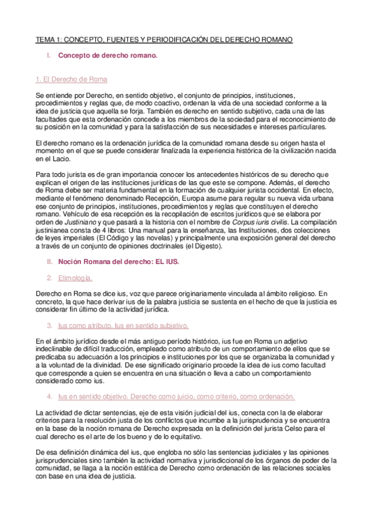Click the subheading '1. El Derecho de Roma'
[x=71, y=80]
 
